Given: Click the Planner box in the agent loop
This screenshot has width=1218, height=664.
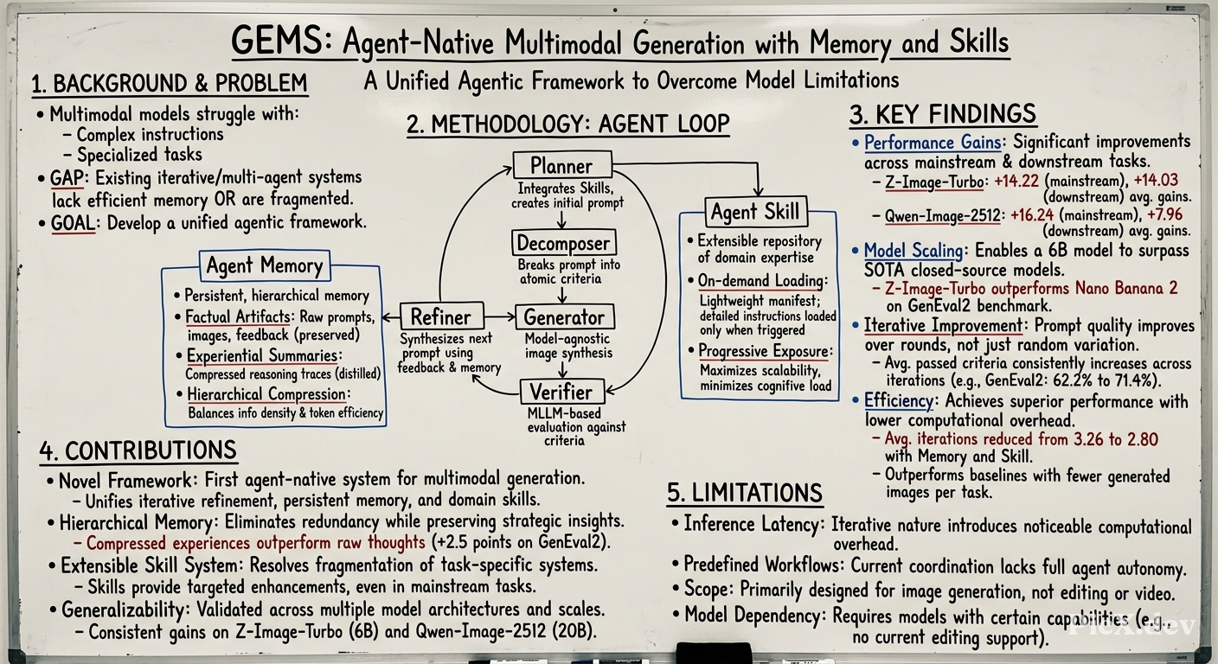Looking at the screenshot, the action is point(562,164).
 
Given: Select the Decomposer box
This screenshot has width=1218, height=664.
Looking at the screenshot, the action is point(563,242).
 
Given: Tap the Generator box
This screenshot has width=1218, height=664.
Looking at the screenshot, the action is point(564,316).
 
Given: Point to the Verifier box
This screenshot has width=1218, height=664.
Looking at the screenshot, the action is point(562,392).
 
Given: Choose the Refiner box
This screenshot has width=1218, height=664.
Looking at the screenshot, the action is point(441,316).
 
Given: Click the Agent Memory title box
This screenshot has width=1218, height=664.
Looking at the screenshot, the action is point(265,265).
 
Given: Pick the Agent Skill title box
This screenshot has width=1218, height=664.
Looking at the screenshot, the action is point(756,211).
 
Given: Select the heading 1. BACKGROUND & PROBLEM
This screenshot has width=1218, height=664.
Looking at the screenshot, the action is point(170,83).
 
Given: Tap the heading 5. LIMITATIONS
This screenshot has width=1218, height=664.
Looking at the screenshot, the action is point(745,492).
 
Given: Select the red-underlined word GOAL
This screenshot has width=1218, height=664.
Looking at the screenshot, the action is point(74,223).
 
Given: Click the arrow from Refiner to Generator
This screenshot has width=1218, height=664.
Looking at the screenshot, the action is point(499,316).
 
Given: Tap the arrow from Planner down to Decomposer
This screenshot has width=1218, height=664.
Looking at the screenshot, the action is point(561,220).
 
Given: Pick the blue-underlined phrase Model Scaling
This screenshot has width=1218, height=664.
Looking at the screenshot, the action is point(913,251).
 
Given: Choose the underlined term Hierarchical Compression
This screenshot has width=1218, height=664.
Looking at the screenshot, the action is point(266,394).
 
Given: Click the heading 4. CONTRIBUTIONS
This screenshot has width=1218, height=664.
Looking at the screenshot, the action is point(138,451).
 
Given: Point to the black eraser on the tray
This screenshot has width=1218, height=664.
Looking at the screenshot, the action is point(714,652).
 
